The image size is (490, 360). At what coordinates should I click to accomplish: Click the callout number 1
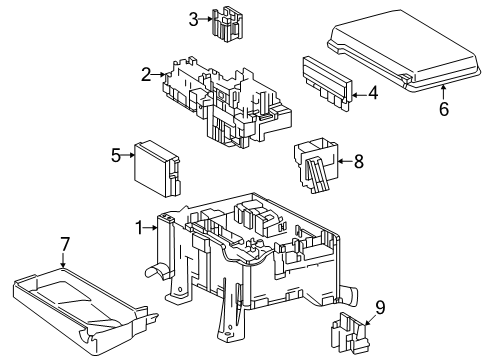point(141,227)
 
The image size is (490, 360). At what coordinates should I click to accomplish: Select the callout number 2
point(146,73)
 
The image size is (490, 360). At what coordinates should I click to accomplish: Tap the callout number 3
point(193,17)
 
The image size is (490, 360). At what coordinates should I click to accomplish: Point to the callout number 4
point(372,94)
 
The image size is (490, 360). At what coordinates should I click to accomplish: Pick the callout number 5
point(116,155)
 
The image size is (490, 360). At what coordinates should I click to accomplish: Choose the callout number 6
point(443,109)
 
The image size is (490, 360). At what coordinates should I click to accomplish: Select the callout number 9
point(379,307)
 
